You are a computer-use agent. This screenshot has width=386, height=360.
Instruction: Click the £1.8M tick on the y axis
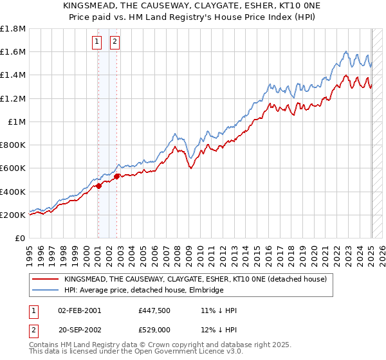(x=13, y=29)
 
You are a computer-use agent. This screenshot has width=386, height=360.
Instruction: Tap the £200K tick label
(x=13, y=215)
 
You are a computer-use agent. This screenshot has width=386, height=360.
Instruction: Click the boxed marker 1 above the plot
(x=96, y=42)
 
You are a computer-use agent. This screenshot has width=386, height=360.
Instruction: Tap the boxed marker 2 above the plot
(x=115, y=42)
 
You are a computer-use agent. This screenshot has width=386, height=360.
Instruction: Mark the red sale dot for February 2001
(x=98, y=186)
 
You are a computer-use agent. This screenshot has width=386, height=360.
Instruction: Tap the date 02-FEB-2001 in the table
(x=80, y=310)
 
